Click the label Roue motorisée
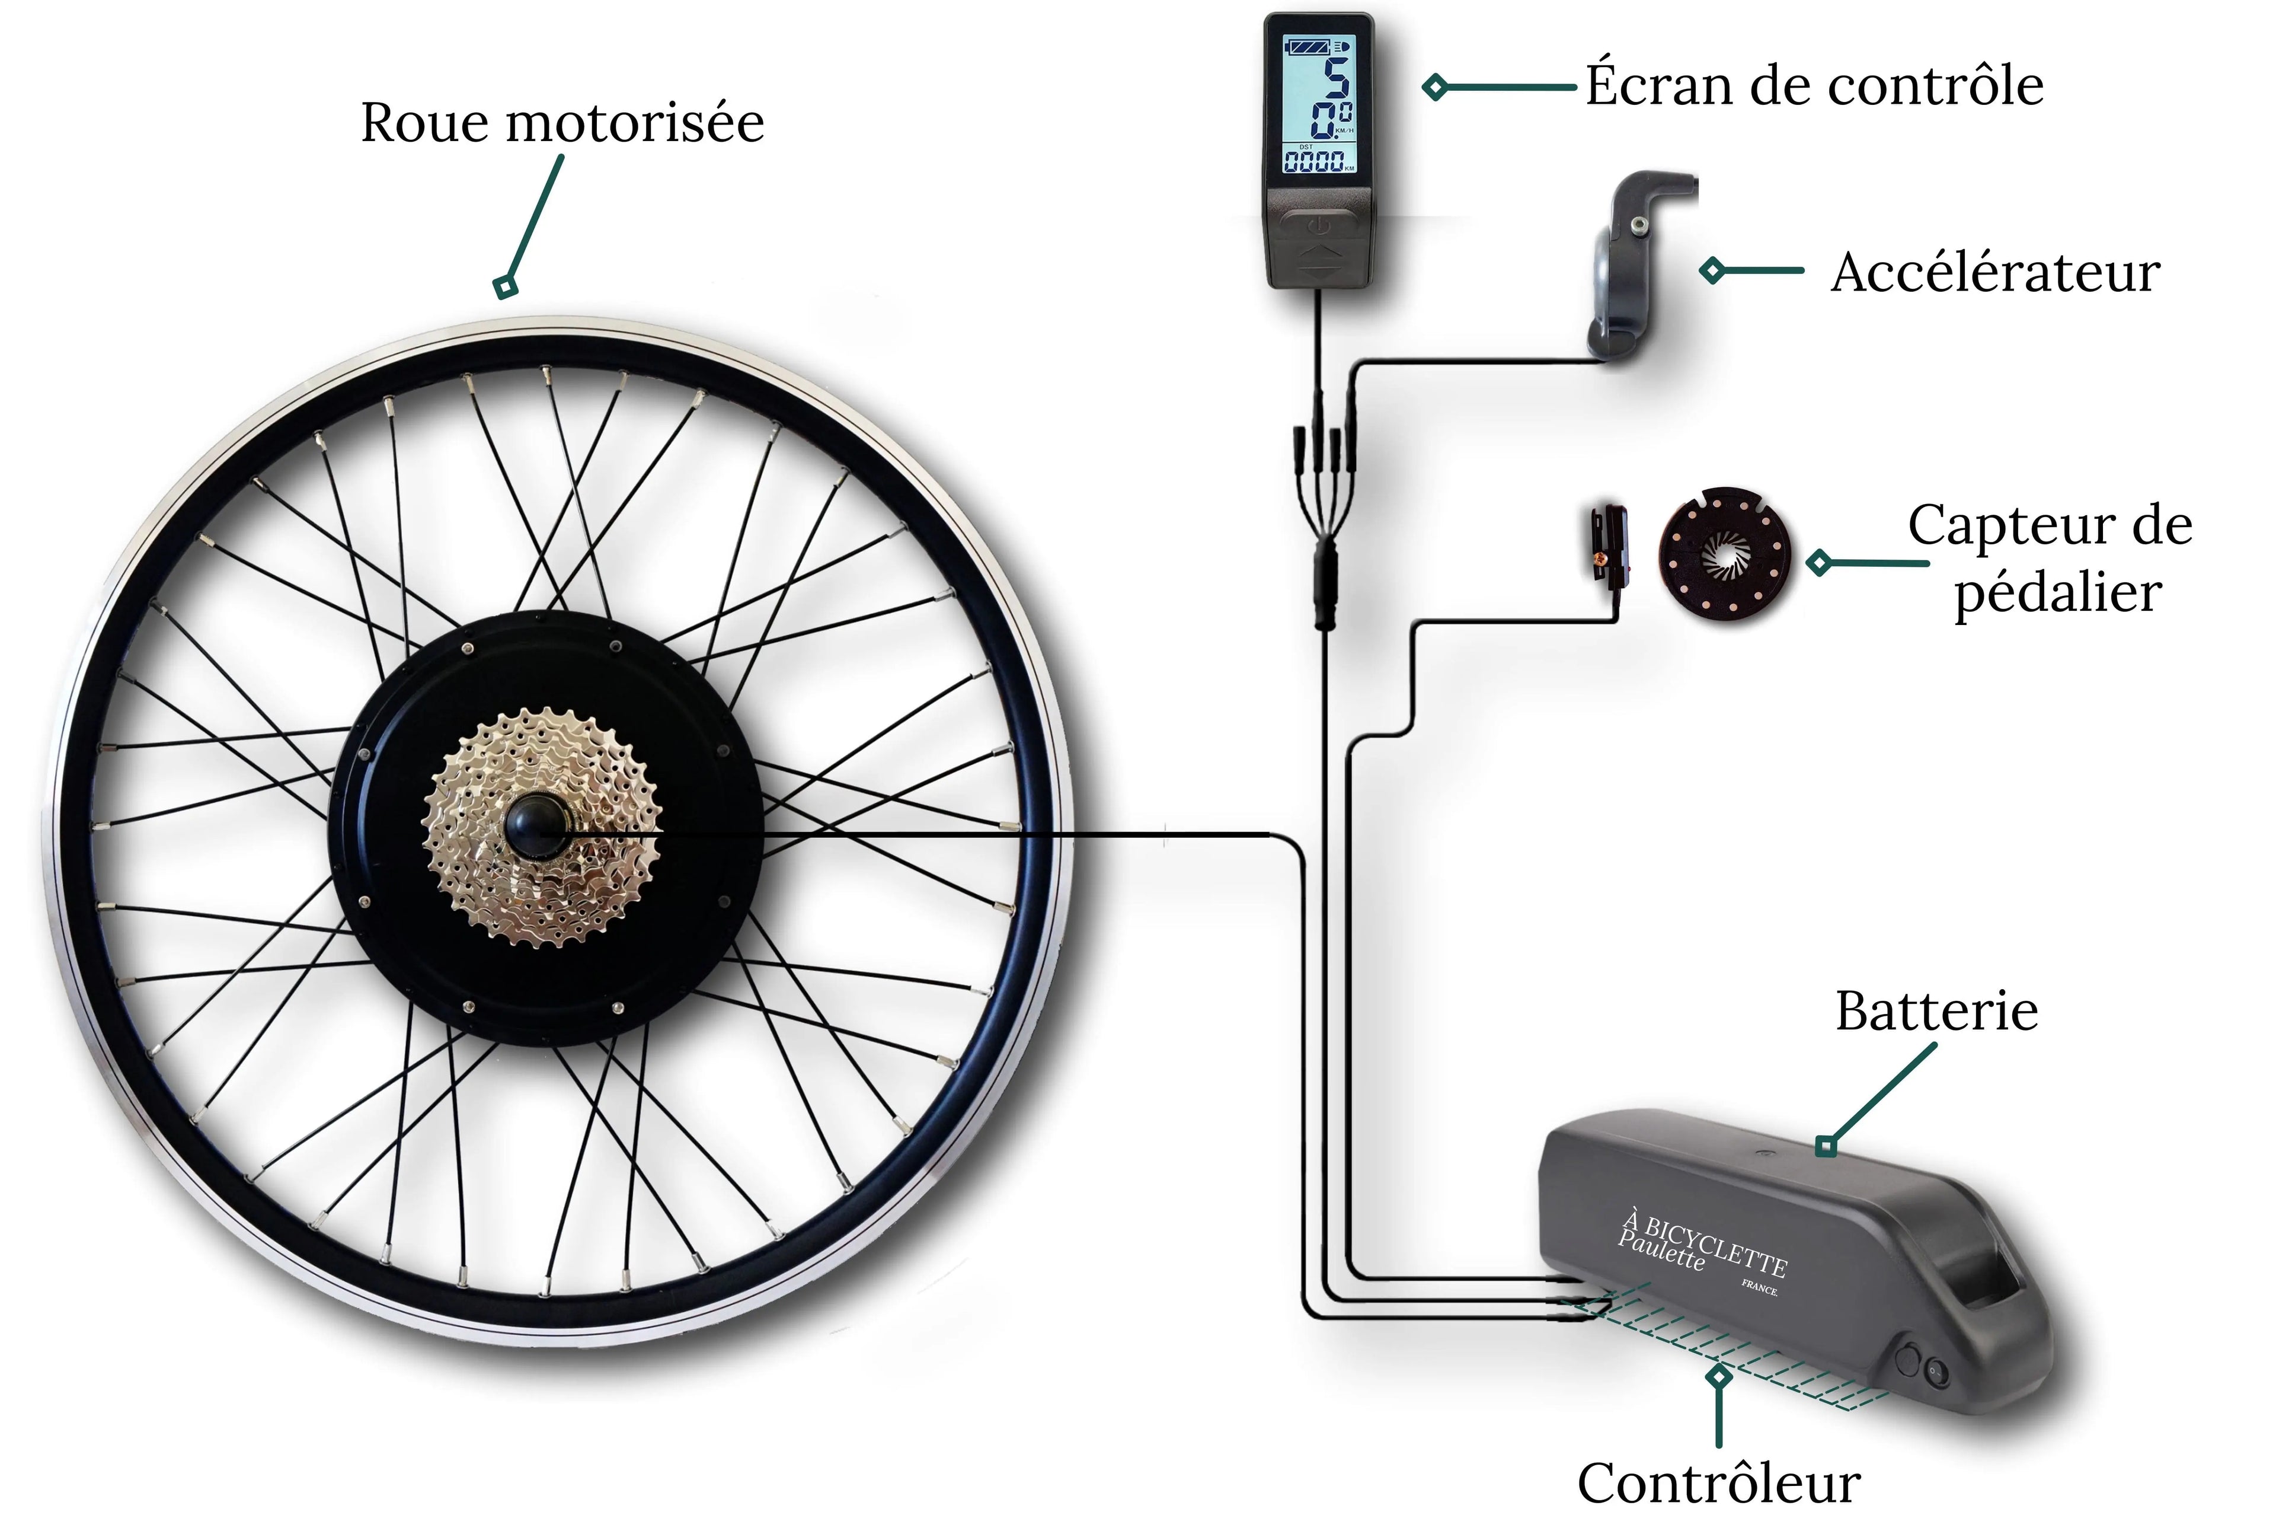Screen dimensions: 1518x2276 point(562,123)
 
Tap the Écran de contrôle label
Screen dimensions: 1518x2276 point(1814,85)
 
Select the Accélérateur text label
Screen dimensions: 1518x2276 point(1996,272)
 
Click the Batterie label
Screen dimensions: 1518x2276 point(1936,1012)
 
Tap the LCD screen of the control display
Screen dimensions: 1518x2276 point(1318,104)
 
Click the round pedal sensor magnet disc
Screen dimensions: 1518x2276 point(1724,555)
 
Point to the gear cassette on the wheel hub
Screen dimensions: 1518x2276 point(542,828)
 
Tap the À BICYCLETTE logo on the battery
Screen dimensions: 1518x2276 point(1703,1249)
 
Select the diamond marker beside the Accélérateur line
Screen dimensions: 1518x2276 point(1712,270)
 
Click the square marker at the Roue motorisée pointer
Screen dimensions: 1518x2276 point(505,286)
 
